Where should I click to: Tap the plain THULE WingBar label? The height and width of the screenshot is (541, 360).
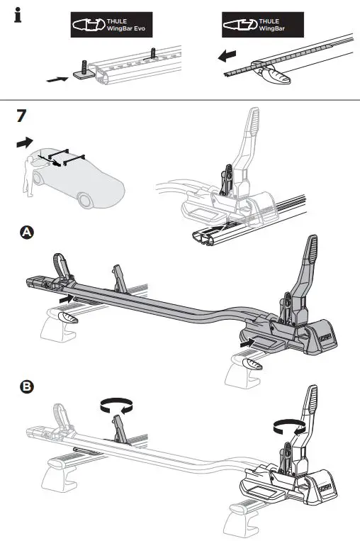[x=262, y=26]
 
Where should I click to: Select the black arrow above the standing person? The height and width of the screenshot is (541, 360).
[x=23, y=143]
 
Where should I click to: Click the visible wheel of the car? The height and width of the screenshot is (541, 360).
[x=87, y=201]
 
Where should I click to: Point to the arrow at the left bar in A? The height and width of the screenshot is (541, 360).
[x=65, y=299]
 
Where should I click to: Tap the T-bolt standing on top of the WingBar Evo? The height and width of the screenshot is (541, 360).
[x=153, y=52]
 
